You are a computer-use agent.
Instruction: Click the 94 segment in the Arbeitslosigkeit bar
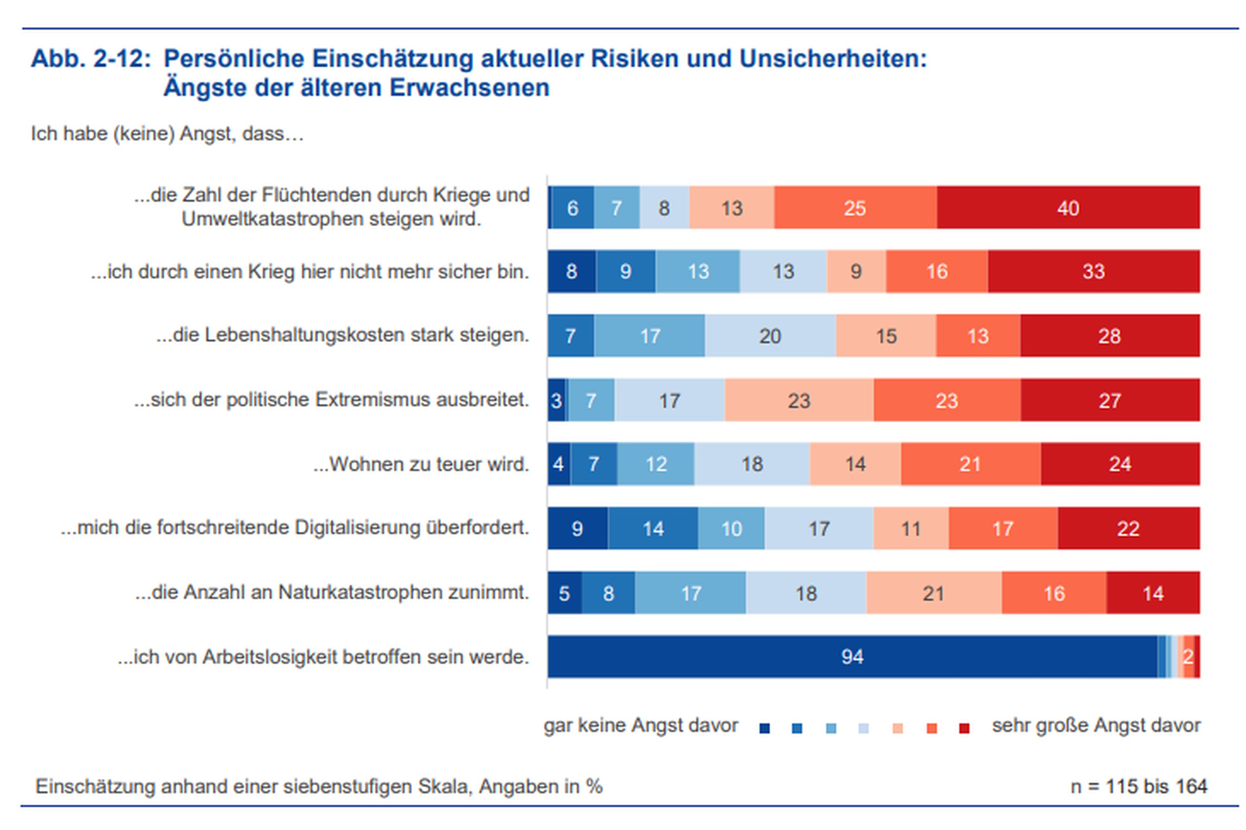click(x=852, y=656)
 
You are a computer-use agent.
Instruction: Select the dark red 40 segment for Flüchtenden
click(x=1068, y=207)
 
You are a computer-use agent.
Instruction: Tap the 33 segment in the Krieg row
click(x=1093, y=271)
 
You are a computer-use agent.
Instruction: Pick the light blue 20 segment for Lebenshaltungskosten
click(x=770, y=336)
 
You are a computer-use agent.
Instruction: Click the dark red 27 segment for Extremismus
click(x=1110, y=400)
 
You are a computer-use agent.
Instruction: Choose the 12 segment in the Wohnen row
click(x=656, y=464)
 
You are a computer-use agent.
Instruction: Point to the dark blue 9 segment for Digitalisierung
click(x=577, y=528)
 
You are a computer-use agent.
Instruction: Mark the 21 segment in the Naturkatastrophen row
click(x=933, y=593)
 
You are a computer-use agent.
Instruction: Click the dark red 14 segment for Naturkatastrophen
click(x=1153, y=593)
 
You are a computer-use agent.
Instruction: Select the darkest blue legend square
click(x=764, y=728)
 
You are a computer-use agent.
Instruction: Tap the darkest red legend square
click(x=964, y=728)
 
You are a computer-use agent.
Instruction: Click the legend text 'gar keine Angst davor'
click(x=641, y=725)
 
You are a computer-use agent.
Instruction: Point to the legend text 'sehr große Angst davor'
click(x=1096, y=725)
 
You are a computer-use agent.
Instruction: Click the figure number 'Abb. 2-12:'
click(x=91, y=59)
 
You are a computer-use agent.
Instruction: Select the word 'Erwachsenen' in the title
click(x=469, y=87)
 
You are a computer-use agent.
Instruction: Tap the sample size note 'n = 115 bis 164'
click(x=1139, y=786)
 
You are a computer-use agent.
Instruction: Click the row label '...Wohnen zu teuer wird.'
click(x=421, y=464)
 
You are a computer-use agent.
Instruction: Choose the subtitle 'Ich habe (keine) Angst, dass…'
click(x=167, y=134)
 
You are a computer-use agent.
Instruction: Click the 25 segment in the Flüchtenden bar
click(x=854, y=207)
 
